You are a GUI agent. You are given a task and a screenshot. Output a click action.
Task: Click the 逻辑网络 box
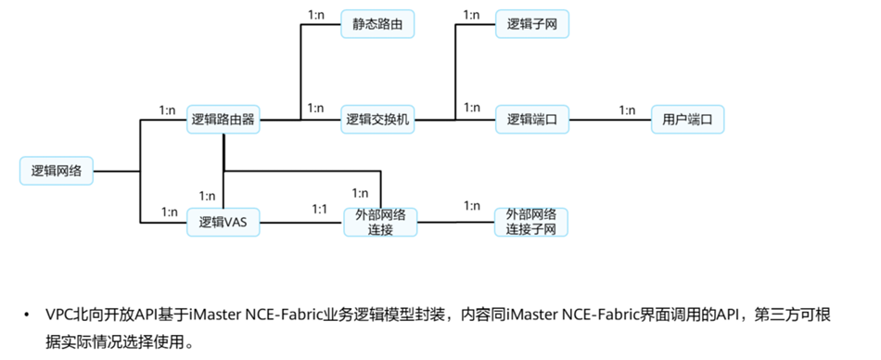pyautogui.click(x=57, y=171)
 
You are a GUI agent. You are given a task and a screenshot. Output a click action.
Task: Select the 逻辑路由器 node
pyautogui.click(x=223, y=119)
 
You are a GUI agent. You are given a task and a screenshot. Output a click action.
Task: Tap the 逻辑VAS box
pyautogui.click(x=223, y=222)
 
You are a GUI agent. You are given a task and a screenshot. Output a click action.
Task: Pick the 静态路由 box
pyautogui.click(x=377, y=24)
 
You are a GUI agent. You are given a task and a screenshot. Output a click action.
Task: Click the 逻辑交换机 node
pyautogui.click(x=377, y=119)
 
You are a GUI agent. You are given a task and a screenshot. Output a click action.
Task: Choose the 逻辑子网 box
pyautogui.click(x=531, y=24)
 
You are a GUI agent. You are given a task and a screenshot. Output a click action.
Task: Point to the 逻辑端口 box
pyautogui.click(x=531, y=119)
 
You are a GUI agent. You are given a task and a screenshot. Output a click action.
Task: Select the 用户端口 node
pyautogui.click(x=686, y=119)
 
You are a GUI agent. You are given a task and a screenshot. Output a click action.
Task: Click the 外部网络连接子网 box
pyautogui.click(x=530, y=222)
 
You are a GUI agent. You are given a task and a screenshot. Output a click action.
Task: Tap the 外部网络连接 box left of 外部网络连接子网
pyautogui.click(x=380, y=222)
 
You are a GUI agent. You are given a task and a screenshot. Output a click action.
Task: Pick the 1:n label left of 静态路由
pyautogui.click(x=316, y=14)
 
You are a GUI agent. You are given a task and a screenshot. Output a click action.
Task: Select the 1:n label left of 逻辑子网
pyautogui.click(x=471, y=14)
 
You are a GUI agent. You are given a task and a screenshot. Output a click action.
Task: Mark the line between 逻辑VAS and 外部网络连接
pyautogui.click(x=301, y=222)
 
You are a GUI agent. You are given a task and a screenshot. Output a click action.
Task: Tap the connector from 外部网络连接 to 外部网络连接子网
pyautogui.click(x=455, y=222)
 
